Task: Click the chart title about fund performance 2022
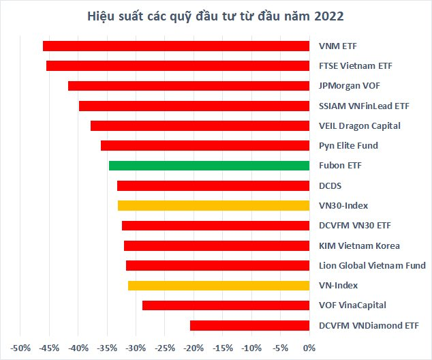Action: pyautogui.click(x=216, y=16)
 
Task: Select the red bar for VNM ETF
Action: pyautogui.click(x=176, y=46)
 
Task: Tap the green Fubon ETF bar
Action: pyautogui.click(x=209, y=166)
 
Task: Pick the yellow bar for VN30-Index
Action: pyautogui.click(x=213, y=205)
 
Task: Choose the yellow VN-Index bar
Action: pyautogui.click(x=218, y=286)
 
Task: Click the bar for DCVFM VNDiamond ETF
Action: pyautogui.click(x=249, y=325)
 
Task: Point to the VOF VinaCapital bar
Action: pyautogui.click(x=226, y=305)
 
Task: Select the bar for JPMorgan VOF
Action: pyautogui.click(x=189, y=86)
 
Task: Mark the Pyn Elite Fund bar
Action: pyautogui.click(x=204, y=146)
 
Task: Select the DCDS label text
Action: pyautogui.click(x=330, y=185)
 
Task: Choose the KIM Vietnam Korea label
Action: pyautogui.click(x=359, y=245)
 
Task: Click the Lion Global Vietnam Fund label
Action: pyautogui.click(x=372, y=265)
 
